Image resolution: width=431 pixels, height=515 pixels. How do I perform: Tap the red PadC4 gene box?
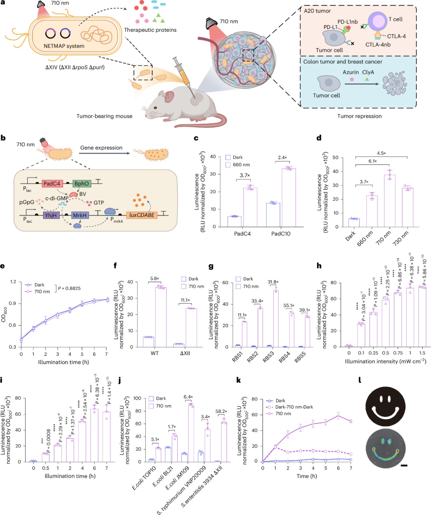52,184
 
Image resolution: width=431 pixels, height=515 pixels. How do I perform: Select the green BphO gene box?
82,184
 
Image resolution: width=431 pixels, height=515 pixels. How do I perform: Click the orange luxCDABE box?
142,215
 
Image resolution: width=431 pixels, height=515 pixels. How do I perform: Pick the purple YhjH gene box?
51,215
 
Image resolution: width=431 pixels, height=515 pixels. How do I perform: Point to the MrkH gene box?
80,215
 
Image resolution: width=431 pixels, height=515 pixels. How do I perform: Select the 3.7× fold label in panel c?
245,175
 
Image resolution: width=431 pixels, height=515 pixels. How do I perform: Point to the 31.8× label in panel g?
273,282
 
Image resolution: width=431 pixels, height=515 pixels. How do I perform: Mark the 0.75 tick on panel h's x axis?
398,353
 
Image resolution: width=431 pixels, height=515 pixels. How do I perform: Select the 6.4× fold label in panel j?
188,397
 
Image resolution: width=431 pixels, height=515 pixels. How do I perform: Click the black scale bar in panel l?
403,465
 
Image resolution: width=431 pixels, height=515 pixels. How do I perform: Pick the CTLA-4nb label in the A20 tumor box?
378,45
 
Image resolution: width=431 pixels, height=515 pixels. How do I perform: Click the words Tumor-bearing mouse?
105,116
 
